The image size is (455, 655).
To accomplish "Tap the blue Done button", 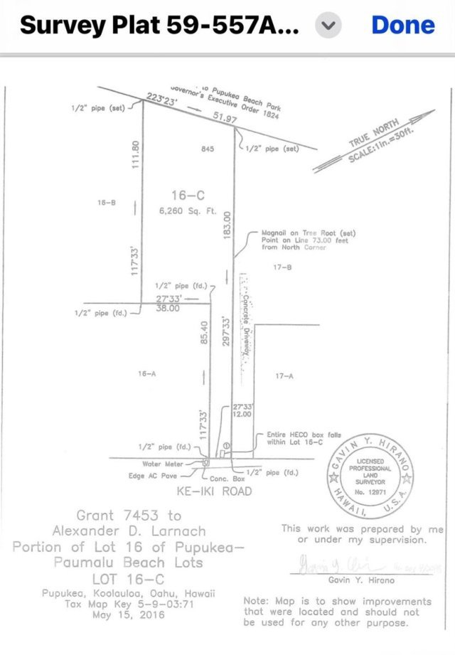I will (x=402, y=25).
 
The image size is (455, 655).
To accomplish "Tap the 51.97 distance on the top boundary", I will (x=225, y=118).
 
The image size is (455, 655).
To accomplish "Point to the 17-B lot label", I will (x=282, y=267).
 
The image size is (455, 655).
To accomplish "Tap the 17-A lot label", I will (x=284, y=376).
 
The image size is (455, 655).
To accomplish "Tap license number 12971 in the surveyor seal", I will (x=368, y=491).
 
